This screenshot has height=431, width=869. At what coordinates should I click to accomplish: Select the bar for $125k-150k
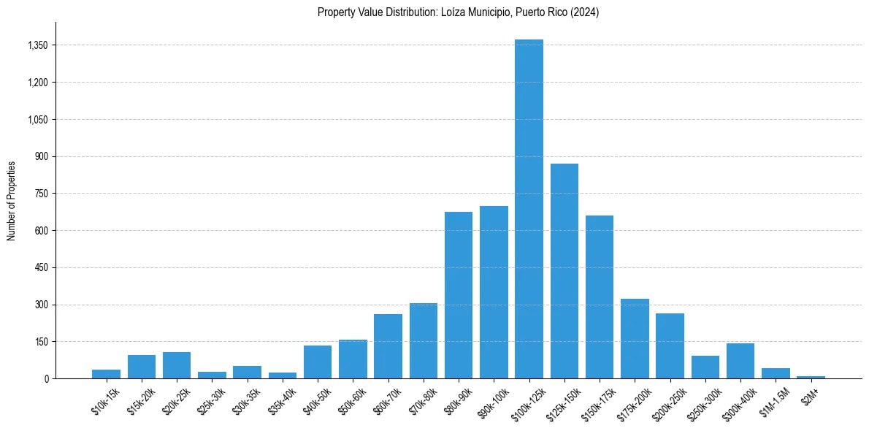point(564,271)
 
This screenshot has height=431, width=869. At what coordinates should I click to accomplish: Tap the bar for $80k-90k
point(459,295)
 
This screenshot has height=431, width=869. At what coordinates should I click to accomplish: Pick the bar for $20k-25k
point(177,365)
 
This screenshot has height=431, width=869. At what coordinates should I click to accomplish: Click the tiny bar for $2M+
point(811,377)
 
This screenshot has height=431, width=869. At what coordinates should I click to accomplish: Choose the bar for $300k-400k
point(740,361)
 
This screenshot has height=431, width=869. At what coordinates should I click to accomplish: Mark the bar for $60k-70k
point(388,346)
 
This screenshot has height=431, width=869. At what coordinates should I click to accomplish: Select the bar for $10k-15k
point(106,374)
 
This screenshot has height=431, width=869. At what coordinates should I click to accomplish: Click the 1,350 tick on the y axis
point(37,45)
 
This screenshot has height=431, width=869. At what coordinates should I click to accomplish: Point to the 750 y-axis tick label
point(41,194)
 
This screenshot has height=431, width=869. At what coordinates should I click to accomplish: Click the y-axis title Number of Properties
point(12,201)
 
